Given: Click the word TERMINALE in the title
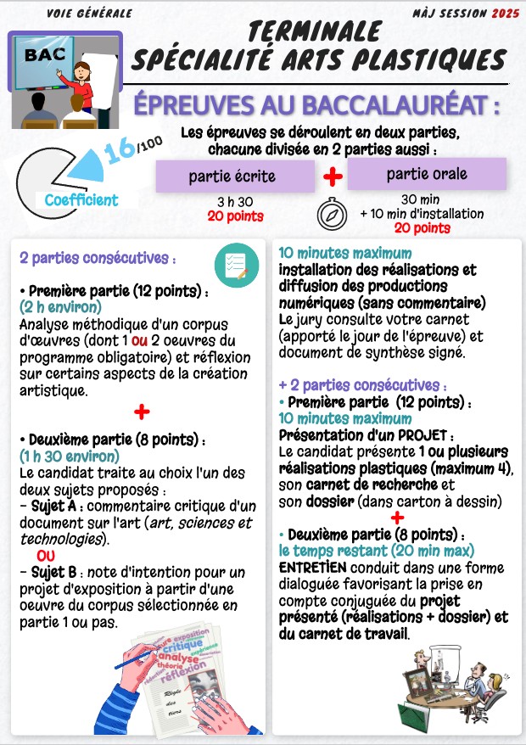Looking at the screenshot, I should point(315,31).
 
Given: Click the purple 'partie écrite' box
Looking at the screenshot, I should point(232,176).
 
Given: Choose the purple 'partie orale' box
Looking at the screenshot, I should point(427,175).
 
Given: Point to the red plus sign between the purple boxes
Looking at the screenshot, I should point(333,176).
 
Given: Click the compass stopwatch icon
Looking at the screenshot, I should point(332,215).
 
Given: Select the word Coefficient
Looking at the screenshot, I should point(81,200).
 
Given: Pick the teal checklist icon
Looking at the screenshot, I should point(232,263).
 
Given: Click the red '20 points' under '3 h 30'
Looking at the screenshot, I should point(235,216).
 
